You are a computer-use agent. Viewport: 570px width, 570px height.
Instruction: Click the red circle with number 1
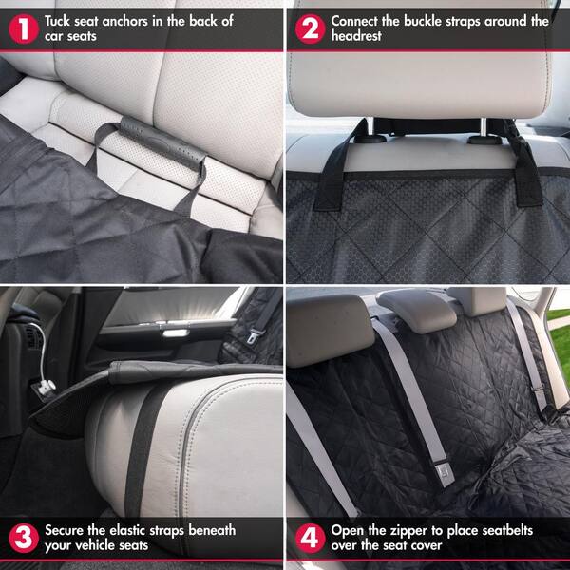click(21, 28)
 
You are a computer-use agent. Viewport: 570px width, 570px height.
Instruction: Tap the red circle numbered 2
click(308, 28)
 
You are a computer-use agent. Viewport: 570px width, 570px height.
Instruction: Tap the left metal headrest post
click(362, 128)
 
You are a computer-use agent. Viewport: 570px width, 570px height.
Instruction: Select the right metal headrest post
click(481, 128)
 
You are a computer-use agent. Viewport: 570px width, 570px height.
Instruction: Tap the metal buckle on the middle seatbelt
click(445, 468)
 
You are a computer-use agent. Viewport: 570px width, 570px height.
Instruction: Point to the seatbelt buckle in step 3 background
click(253, 334)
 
